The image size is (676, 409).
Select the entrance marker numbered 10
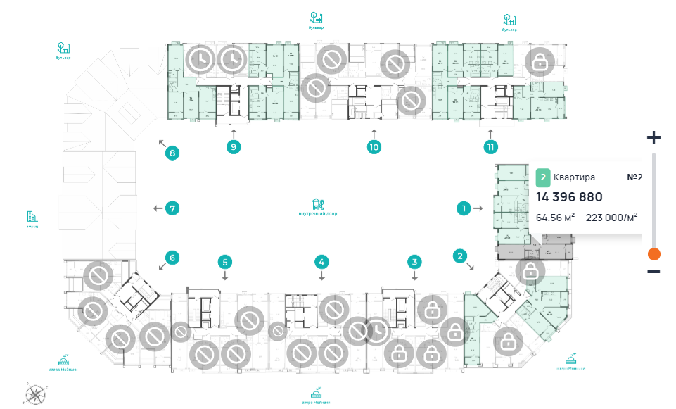pos(374,147)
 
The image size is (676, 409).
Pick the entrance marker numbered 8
pos(170,152)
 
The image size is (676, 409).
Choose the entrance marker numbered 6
pos(170,257)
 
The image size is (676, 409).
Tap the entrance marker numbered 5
pos(225,263)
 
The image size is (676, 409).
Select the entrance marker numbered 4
pos(321,263)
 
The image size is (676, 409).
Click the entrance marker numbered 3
pos(415,263)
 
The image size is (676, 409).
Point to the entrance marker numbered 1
pos(464,208)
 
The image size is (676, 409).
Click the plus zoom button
pos(653,137)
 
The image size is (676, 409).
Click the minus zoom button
pos(653,272)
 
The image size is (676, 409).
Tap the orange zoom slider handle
pos(653,254)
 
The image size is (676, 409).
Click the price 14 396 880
pos(569,197)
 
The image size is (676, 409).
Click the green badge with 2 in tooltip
pos(543,177)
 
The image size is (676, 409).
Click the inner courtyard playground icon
pos(318,203)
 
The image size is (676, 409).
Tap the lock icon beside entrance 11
pos(540,63)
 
